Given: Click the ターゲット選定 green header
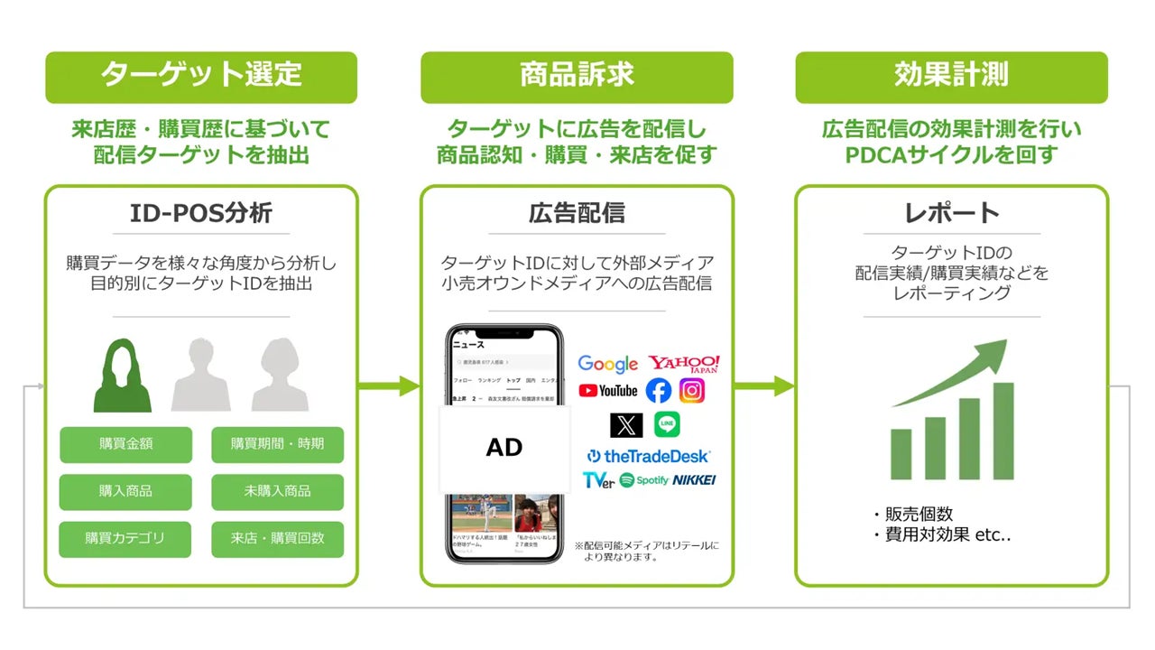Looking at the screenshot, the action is click(200, 76).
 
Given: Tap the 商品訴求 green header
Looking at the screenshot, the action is click(577, 76).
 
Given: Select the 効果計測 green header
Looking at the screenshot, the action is click(951, 76).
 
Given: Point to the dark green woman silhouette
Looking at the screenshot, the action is click(123, 376).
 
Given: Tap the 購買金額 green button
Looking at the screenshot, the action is click(125, 444).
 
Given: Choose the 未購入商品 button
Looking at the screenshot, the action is click(277, 491).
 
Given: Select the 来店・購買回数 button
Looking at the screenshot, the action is click(277, 539).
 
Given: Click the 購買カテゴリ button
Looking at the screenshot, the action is click(125, 539).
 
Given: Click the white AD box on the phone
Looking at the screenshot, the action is click(504, 448).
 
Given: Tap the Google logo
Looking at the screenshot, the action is click(607, 364).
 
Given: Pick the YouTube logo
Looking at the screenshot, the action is click(607, 391).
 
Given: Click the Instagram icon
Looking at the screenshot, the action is click(692, 391).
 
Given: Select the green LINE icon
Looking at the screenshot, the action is click(667, 424).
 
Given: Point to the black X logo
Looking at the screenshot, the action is click(626, 424).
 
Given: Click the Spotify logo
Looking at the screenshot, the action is click(644, 480).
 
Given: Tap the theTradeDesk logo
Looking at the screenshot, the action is click(648, 456).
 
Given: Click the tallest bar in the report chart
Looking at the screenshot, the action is click(1003, 431).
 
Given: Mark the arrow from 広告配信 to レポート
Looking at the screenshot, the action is click(763, 387).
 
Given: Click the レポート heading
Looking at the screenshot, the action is click(951, 213).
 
